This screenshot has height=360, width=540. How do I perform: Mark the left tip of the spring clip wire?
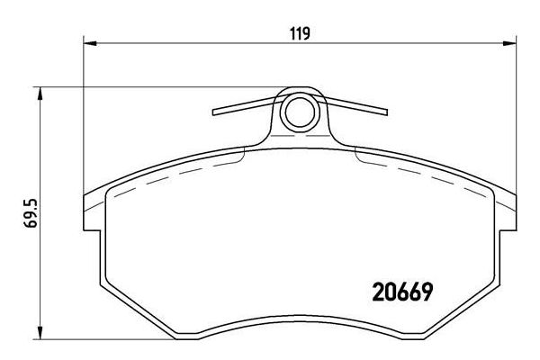point(213,113)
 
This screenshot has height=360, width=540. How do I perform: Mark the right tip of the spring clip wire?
point(387,113)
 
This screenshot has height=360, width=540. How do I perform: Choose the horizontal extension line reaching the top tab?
point(162,87)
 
